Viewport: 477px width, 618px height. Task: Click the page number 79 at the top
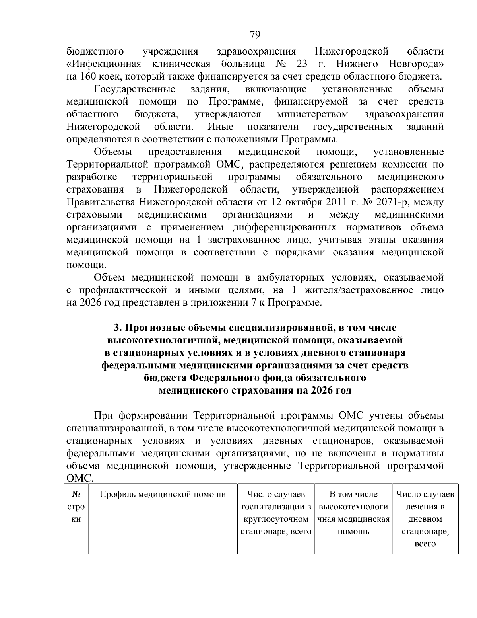255,35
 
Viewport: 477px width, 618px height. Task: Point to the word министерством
312,115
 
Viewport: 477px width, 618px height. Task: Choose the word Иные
220,127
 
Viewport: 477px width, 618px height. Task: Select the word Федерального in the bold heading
224,378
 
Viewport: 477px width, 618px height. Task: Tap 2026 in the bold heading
321,390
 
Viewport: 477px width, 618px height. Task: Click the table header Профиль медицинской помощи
163,495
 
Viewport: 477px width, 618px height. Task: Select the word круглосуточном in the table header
276,519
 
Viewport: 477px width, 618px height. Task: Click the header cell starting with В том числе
353,495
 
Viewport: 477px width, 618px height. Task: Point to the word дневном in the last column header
425,519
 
